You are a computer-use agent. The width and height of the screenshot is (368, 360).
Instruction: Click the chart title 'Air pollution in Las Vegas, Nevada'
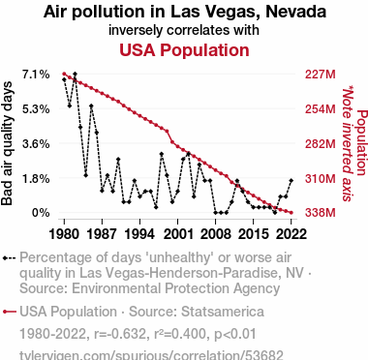point(185,12)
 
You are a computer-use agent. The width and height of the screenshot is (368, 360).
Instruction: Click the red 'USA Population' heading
point(184,50)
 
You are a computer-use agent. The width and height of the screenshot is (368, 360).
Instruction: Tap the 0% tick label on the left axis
point(41,213)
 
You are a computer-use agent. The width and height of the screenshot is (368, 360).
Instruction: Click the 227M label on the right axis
point(321,75)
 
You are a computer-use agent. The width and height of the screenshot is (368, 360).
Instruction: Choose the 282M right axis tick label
point(321,144)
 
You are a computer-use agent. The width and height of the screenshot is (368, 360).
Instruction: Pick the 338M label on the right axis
point(321,213)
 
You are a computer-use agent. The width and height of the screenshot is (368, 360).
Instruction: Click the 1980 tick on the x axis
point(64,233)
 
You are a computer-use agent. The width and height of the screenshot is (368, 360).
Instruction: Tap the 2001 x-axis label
point(177,233)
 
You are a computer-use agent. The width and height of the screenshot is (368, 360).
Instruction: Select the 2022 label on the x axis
point(291,233)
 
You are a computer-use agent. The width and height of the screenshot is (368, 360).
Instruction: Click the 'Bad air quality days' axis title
point(7,143)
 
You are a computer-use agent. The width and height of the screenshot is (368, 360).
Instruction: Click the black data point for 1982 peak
point(75,75)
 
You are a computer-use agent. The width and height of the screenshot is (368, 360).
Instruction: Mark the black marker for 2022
point(291,180)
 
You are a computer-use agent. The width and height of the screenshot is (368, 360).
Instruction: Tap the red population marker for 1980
point(64,74)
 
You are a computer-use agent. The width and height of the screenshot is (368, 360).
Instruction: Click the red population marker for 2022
point(291,213)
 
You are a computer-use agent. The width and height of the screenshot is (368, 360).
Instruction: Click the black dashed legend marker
point(9,258)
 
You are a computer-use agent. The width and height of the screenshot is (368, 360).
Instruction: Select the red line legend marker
point(9,312)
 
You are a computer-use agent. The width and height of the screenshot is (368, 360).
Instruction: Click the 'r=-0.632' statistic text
point(119,334)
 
